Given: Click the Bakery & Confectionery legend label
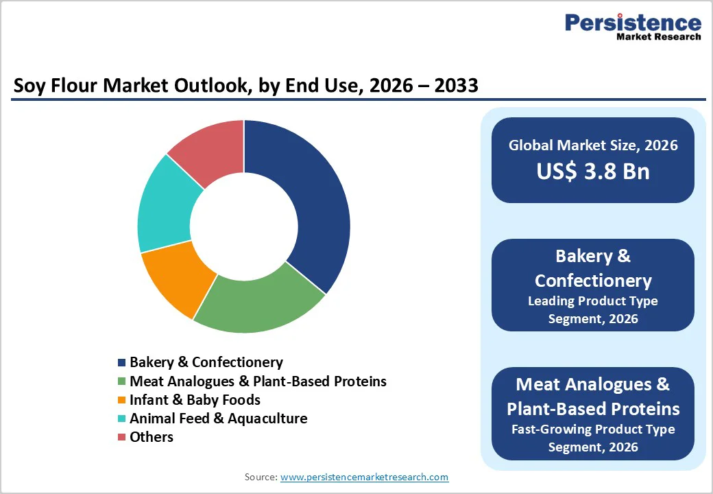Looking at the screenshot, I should click(206, 362).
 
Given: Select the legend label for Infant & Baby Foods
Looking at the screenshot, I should click(195, 399).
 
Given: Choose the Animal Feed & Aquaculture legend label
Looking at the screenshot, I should click(218, 418).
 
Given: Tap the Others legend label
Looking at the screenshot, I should click(152, 436).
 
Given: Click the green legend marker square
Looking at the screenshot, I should click(122, 381).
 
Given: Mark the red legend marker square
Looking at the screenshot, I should click(122, 437).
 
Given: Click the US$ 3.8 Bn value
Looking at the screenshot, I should click(593, 171).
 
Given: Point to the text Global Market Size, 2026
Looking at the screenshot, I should click(593, 145).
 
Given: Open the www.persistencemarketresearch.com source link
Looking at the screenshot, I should click(364, 477).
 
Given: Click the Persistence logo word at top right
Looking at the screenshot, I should click(633, 23).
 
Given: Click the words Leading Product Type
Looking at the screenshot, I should click(593, 301).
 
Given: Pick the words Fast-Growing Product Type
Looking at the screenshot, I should click(593, 430).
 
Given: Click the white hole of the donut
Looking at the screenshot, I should click(243, 226).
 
